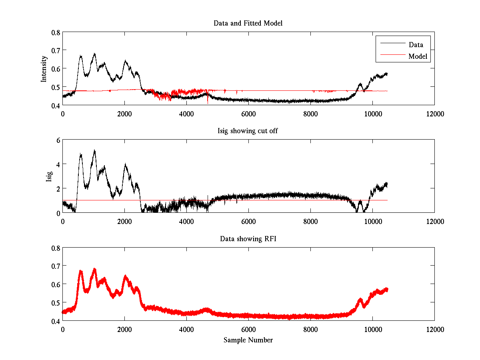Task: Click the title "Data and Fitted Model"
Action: [248, 23]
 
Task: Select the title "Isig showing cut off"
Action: [248, 131]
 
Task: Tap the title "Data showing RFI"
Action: [248, 239]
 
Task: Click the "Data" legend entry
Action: [416, 44]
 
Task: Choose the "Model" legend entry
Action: [418, 56]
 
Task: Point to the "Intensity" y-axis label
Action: [44, 68]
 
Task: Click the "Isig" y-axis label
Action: [49, 176]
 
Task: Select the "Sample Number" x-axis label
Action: [248, 340]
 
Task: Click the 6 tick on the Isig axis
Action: [58, 140]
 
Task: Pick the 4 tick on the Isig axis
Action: [58, 164]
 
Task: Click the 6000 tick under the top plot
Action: [248, 114]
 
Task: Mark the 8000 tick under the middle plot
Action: [310, 221]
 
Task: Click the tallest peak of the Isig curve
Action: [94, 150]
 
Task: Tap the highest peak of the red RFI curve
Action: [94, 269]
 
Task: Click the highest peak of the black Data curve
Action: [94, 54]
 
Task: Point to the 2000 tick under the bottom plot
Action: [124, 329]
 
